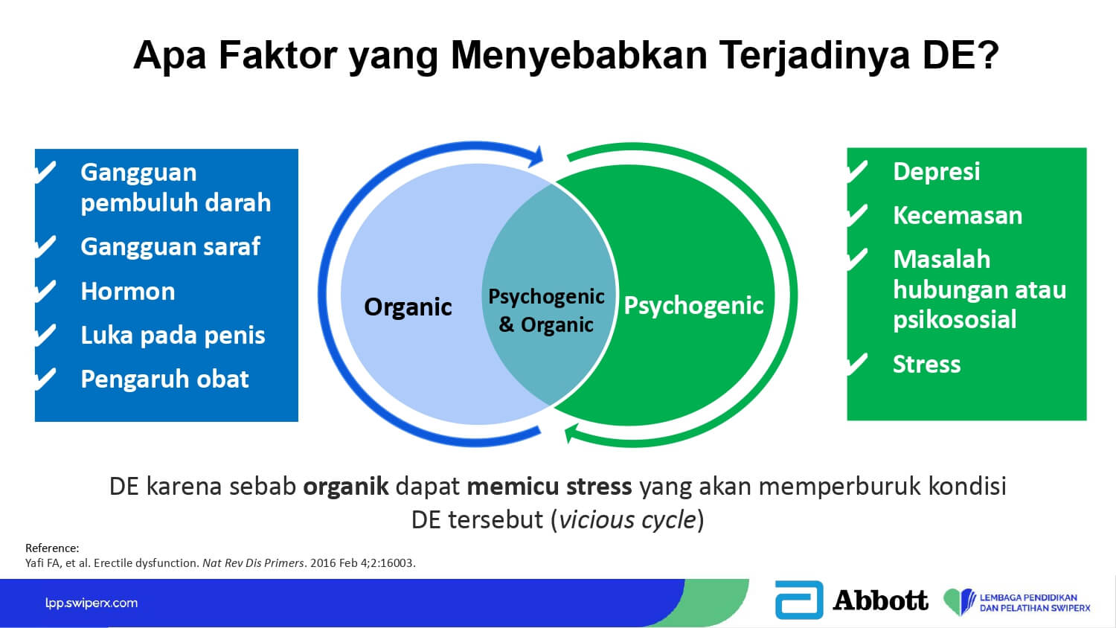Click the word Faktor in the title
pos(278,55)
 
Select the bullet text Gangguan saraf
pos(170,247)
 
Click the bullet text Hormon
pos(127,291)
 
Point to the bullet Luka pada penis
pos(173,335)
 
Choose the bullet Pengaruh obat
pos(164,379)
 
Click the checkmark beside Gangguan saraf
pos(46,247)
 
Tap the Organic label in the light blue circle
pos(408,307)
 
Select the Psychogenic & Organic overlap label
pos(546,310)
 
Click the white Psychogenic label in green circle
pos(693,306)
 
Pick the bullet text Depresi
pos(936,172)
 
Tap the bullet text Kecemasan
pos(957,216)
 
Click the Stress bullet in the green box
pos(926,365)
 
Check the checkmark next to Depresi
pos(857,172)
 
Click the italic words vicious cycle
pos(627,520)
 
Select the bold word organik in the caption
pos(346,487)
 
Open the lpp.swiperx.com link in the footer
pos(92,603)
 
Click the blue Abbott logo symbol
pos(798,600)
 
